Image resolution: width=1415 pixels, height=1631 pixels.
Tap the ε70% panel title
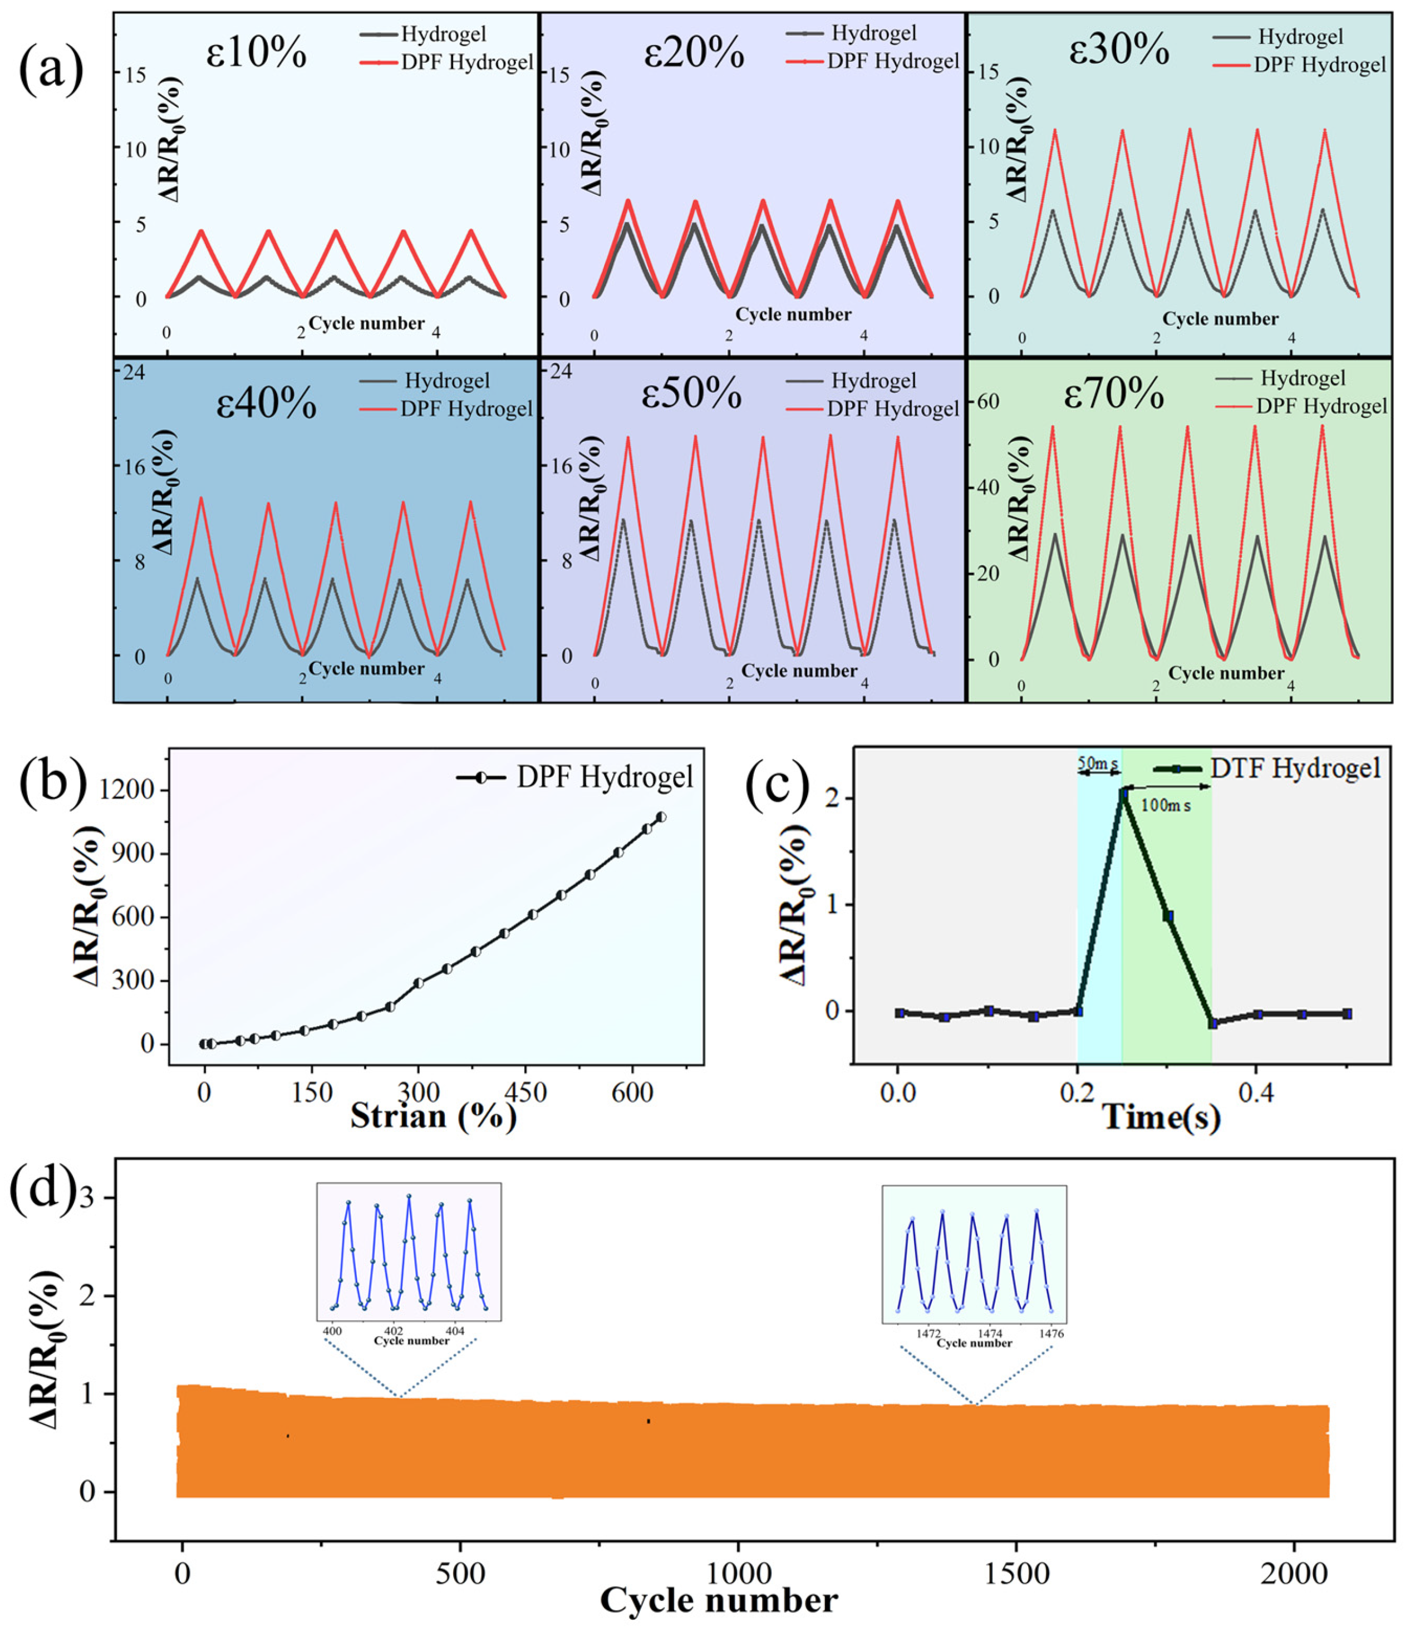(x=1113, y=395)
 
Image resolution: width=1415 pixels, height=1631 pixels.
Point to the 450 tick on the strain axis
(x=525, y=1092)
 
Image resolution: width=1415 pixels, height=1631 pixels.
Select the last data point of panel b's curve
(x=661, y=817)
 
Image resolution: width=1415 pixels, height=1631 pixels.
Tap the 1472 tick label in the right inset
(x=928, y=1333)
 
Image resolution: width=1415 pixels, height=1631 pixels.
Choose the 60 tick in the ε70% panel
(x=989, y=401)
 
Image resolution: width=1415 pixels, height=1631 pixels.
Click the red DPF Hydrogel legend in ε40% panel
(x=466, y=409)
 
